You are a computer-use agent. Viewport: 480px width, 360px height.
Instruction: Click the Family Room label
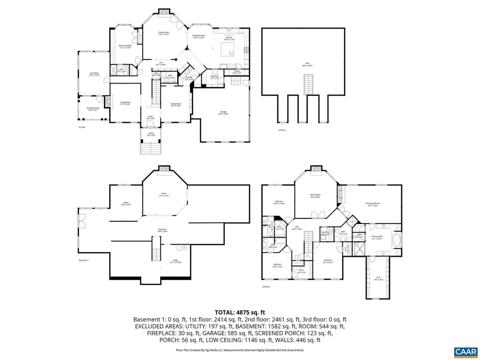pos(164,33)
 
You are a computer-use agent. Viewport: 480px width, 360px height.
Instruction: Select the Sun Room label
pos(95,74)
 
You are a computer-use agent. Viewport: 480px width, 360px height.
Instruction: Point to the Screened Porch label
pos(92,109)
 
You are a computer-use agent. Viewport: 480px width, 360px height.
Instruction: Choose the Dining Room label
pos(175,105)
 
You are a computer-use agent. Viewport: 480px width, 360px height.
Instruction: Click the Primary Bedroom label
pos(373,203)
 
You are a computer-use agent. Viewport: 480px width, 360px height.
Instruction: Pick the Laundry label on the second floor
pos(325,232)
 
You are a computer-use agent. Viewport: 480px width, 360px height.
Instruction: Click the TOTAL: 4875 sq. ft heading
pos(240,312)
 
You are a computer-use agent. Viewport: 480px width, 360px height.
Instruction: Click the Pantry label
pos(233,72)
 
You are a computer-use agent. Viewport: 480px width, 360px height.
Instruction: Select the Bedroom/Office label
pos(125,46)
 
